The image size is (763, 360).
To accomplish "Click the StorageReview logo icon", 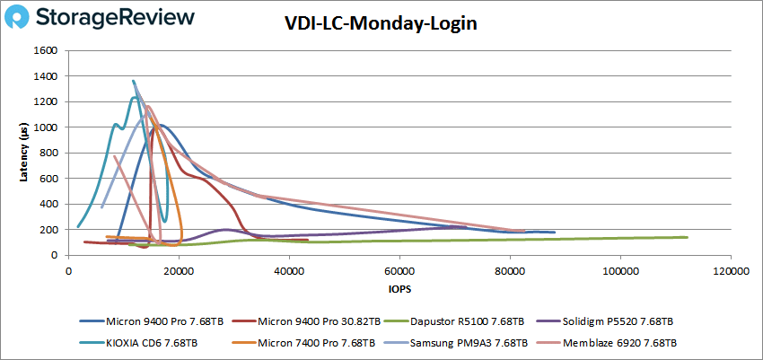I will point(26,19).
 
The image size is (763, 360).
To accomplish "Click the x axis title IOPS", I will point(399,290).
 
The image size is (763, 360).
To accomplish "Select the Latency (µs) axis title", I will point(25,153).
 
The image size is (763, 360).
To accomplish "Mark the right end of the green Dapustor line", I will point(688,237).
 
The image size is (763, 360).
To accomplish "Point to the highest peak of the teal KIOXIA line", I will point(134,81).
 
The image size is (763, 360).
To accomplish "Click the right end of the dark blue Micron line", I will point(555,233).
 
